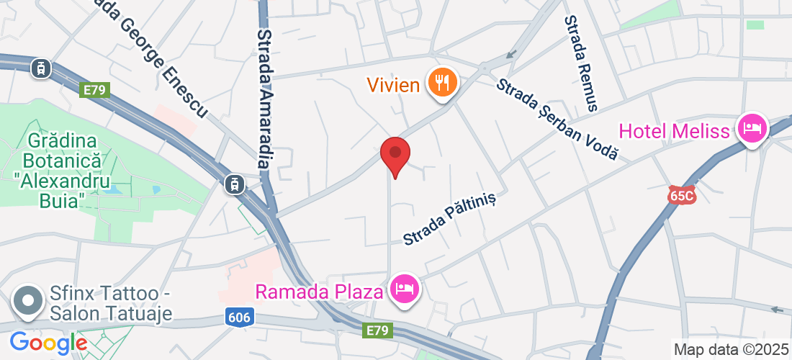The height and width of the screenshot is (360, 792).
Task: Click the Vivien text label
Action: tap(394, 86)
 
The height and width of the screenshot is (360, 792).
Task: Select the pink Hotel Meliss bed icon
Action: tap(752, 130)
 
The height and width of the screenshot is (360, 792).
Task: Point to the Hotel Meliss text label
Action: tap(674, 132)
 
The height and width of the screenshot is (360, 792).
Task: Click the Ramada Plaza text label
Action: tap(320, 292)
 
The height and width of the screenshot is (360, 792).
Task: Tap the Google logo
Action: tap(49, 343)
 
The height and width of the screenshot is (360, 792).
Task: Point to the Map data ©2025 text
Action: tap(731, 350)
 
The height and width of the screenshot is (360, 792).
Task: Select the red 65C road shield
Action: tap(680, 195)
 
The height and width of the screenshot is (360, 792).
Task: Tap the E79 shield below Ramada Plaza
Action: tap(376, 330)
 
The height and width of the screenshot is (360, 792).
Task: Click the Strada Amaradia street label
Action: tap(265, 99)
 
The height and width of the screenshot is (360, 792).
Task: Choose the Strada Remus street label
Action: tap(581, 63)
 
